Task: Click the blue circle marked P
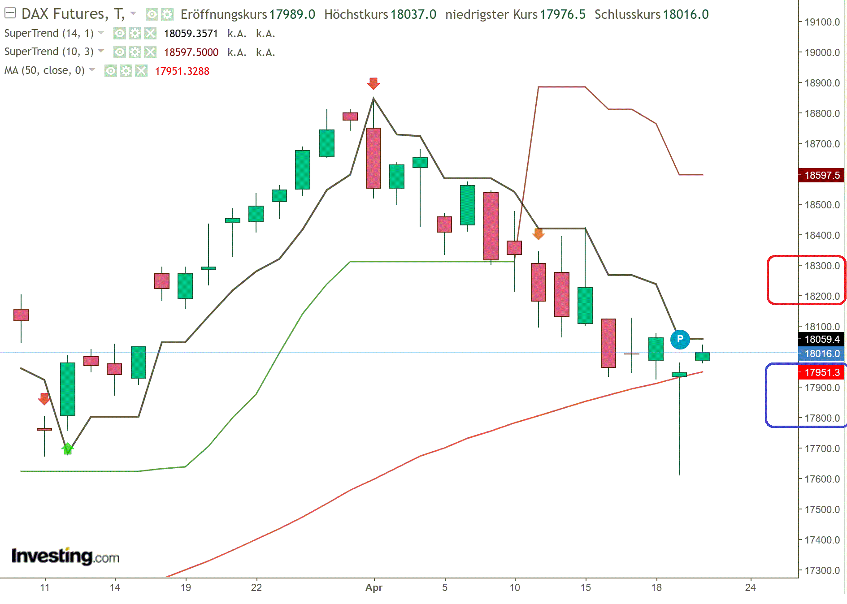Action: (x=680, y=339)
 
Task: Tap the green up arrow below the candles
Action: (x=67, y=448)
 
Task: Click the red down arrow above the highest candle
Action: (x=373, y=83)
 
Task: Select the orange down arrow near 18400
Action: (x=538, y=234)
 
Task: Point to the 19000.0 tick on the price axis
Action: (x=822, y=52)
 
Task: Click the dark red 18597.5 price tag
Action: (x=821, y=175)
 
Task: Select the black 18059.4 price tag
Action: (x=821, y=339)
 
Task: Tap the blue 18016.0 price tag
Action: (x=821, y=354)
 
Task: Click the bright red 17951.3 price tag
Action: (x=821, y=372)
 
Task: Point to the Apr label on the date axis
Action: (x=374, y=587)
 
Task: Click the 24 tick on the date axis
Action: (x=750, y=587)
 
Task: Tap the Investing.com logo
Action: (x=65, y=557)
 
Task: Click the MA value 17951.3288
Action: (x=182, y=71)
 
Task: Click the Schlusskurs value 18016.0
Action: (x=686, y=14)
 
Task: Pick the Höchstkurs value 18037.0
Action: (x=413, y=14)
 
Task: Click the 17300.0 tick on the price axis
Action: (x=822, y=570)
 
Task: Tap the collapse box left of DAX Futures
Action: (x=10, y=13)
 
